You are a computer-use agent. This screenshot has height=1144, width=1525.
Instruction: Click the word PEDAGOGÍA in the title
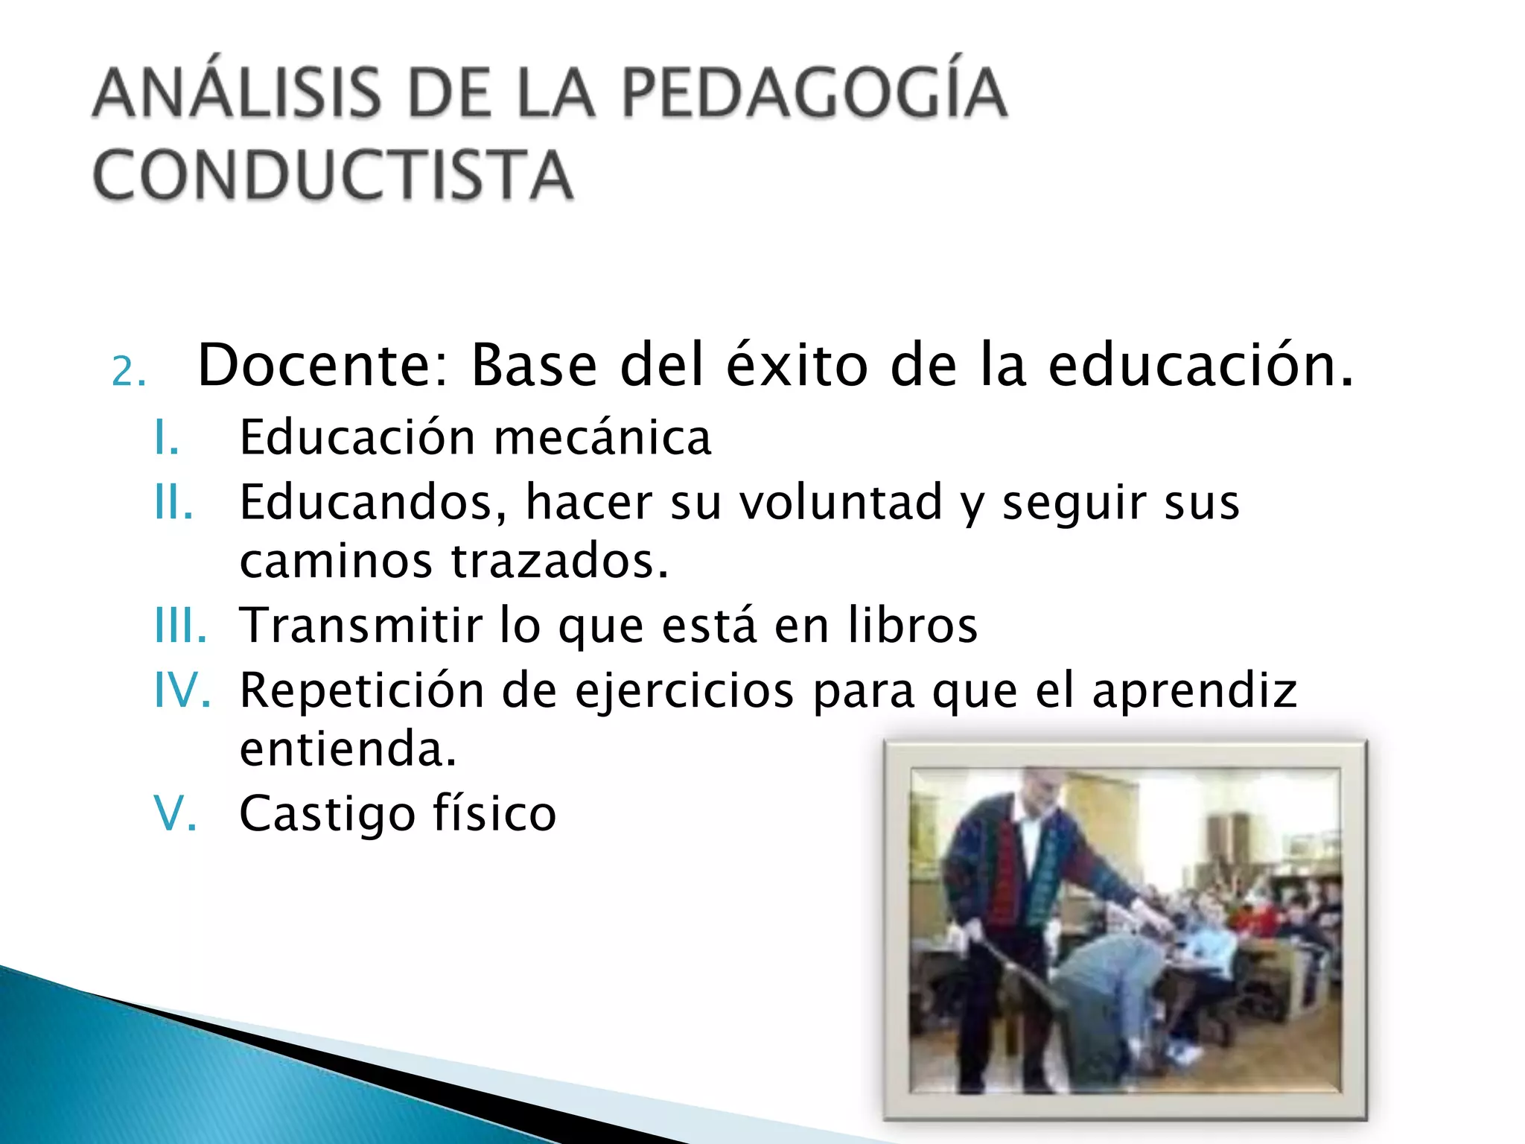point(814,93)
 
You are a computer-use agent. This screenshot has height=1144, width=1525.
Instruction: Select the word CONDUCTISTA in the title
point(333,175)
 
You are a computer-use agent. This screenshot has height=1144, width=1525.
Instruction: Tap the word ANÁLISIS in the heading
point(238,93)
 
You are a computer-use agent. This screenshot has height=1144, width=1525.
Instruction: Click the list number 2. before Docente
point(128,371)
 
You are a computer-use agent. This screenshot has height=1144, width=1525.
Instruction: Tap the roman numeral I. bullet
point(167,437)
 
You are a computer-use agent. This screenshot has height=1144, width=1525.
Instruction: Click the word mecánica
point(602,437)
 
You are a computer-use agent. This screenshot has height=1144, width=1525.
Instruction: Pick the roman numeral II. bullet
point(173,502)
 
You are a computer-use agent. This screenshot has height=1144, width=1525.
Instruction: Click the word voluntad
point(841,502)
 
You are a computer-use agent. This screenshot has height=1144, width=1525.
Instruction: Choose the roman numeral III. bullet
point(180,626)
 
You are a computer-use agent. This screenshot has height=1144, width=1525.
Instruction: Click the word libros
point(913,626)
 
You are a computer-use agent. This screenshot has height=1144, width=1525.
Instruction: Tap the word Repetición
point(361,690)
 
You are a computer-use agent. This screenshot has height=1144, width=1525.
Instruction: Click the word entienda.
point(348,749)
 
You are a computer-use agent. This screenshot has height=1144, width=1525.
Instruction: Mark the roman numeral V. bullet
point(176,813)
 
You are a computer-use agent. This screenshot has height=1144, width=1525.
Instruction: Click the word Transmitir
point(361,626)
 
